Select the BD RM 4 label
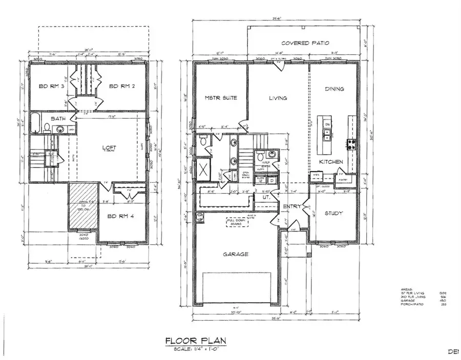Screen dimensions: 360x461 pyautogui.click(x=120, y=216)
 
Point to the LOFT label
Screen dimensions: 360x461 pyautogui.click(x=109, y=147)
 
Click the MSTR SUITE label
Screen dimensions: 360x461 pyautogui.click(x=221, y=98)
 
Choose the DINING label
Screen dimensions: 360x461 pyautogui.click(x=334, y=89)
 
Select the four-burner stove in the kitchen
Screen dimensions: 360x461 pyautogui.click(x=351, y=144)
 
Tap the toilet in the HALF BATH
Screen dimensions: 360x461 pyautogui.click(x=260, y=157)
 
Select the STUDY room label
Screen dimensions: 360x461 pyautogui.click(x=334, y=213)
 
